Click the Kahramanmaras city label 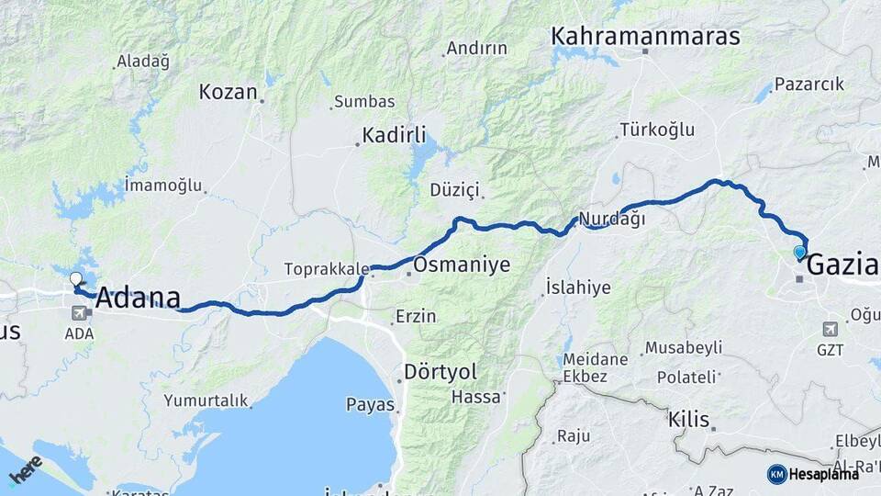pyautogui.click(x=645, y=36)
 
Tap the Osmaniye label pyautogui.click(x=462, y=265)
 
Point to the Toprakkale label pyautogui.click(x=327, y=270)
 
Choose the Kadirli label pyautogui.click(x=394, y=136)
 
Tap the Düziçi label pyautogui.click(x=455, y=190)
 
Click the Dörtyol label pyautogui.click(x=440, y=372)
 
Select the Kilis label pyautogui.click(x=688, y=420)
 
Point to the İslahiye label pyautogui.click(x=577, y=287)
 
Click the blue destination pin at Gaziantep pyautogui.click(x=799, y=252)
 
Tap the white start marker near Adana pyautogui.click(x=76, y=278)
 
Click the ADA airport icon pyautogui.click(x=79, y=313)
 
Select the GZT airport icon pyautogui.click(x=831, y=330)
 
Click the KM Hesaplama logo pyautogui.click(x=814, y=474)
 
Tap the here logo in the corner pyautogui.click(x=26, y=470)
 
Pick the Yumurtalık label pyautogui.click(x=206, y=400)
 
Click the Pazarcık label pyautogui.click(x=809, y=85)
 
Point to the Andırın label pyautogui.click(x=476, y=49)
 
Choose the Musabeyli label pyautogui.click(x=684, y=348)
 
